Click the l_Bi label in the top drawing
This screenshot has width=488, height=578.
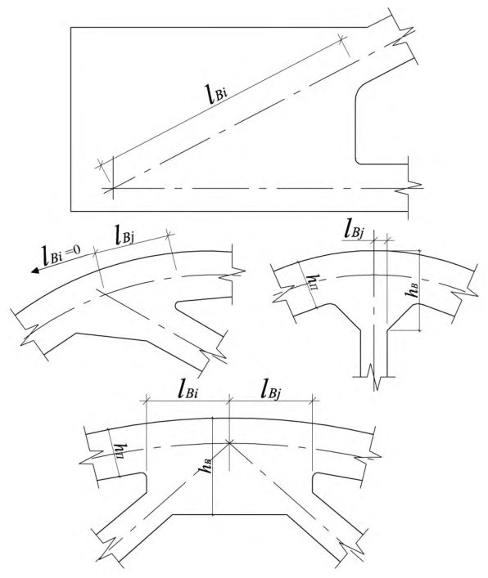[x=217, y=93]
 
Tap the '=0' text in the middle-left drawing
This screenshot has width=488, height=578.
[x=74, y=250]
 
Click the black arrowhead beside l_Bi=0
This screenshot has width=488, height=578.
[x=36, y=271]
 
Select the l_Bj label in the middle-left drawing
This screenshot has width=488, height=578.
[x=124, y=236]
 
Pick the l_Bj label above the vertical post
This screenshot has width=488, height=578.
[x=354, y=231]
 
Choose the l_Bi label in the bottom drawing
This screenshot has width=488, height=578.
[x=188, y=390]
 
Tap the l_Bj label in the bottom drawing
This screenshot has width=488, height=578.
[x=270, y=391]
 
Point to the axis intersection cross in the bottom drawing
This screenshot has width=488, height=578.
[x=229, y=442]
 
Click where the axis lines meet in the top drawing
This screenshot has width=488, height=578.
[x=113, y=189]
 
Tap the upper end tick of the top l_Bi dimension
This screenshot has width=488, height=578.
[x=341, y=38]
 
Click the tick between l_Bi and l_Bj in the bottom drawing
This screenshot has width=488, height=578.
[x=229, y=400]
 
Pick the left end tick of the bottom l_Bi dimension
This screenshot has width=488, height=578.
[x=147, y=400]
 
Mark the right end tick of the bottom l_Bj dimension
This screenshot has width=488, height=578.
[x=313, y=400]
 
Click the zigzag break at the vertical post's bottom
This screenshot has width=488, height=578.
[x=374, y=377]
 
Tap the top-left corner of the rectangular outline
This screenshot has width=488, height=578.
[x=71, y=27]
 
